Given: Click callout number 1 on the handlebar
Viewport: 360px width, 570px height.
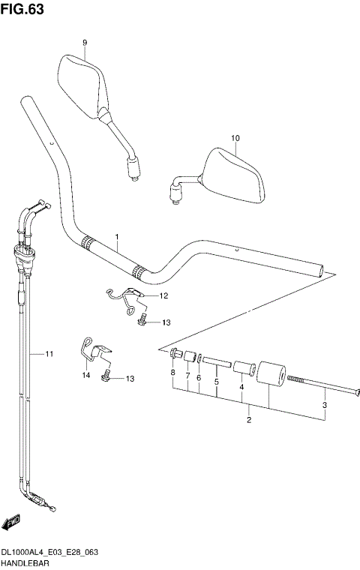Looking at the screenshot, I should pyautogui.click(x=117, y=238).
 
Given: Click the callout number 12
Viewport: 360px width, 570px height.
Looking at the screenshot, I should pyautogui.click(x=163, y=296).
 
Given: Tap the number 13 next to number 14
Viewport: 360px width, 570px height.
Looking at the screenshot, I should pyautogui.click(x=130, y=379).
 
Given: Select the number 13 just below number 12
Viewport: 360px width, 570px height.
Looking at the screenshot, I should pyautogui.click(x=166, y=322).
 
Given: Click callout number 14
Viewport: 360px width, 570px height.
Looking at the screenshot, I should pyautogui.click(x=85, y=373).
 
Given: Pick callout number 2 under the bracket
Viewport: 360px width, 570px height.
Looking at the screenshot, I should pyautogui.click(x=249, y=420).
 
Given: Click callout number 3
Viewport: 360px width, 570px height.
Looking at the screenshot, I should pyautogui.click(x=325, y=406).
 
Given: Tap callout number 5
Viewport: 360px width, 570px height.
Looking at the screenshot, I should pyautogui.click(x=216, y=381).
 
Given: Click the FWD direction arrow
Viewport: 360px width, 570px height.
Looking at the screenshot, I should pyautogui.click(x=11, y=522).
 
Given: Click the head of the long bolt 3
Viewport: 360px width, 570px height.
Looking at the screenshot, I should pyautogui.click(x=357, y=391).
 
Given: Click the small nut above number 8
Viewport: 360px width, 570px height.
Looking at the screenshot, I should pyautogui.click(x=174, y=354).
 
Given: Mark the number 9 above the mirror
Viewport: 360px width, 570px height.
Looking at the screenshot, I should pyautogui.click(x=85, y=43).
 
